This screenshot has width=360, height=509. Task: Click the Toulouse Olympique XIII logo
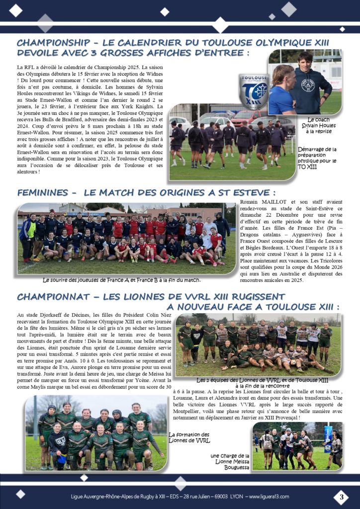[254, 91]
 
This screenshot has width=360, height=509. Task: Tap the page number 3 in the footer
[341, 497]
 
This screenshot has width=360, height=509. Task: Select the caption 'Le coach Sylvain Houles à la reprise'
[319, 125]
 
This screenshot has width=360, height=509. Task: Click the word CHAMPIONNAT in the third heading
[55, 297]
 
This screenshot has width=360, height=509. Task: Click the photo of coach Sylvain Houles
[305, 82]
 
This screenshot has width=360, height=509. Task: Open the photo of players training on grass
[232, 144]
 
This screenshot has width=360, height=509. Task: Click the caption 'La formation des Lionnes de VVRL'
[189, 437]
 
